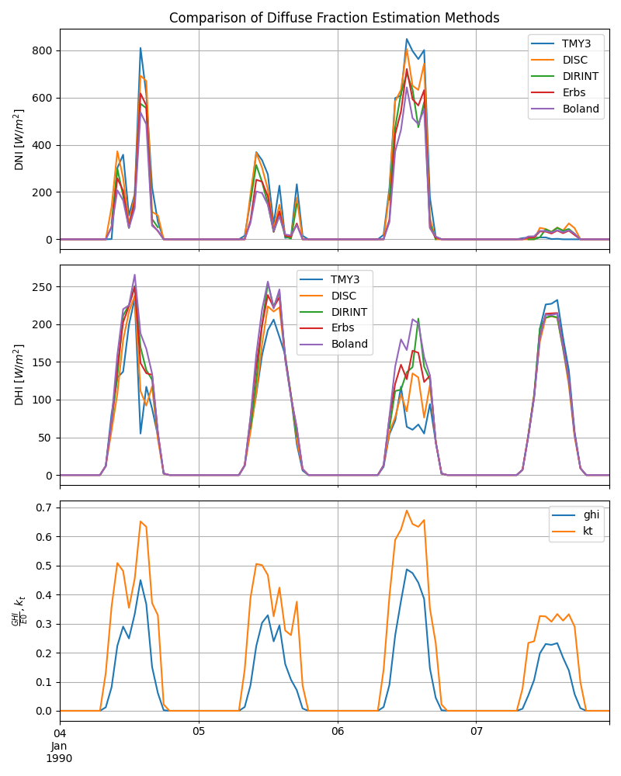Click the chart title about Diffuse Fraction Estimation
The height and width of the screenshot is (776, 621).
pyautogui.click(x=334, y=18)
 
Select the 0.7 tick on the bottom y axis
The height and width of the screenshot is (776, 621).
pyautogui.click(x=45, y=508)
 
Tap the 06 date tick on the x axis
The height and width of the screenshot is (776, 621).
pyautogui.click(x=338, y=731)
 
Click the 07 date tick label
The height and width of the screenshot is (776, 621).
pyautogui.click(x=476, y=731)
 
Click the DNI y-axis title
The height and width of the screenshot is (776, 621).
pyautogui.click(x=19, y=140)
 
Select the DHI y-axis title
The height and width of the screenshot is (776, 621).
pyautogui.click(x=19, y=376)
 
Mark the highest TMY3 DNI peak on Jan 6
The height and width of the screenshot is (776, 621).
pyautogui.click(x=407, y=39)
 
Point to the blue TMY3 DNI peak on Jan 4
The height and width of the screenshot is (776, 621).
pyautogui.click(x=141, y=48)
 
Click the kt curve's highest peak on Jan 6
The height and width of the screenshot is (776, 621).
pyautogui.click(x=407, y=511)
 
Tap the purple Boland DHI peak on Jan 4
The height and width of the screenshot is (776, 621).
pyautogui.click(x=134, y=275)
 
